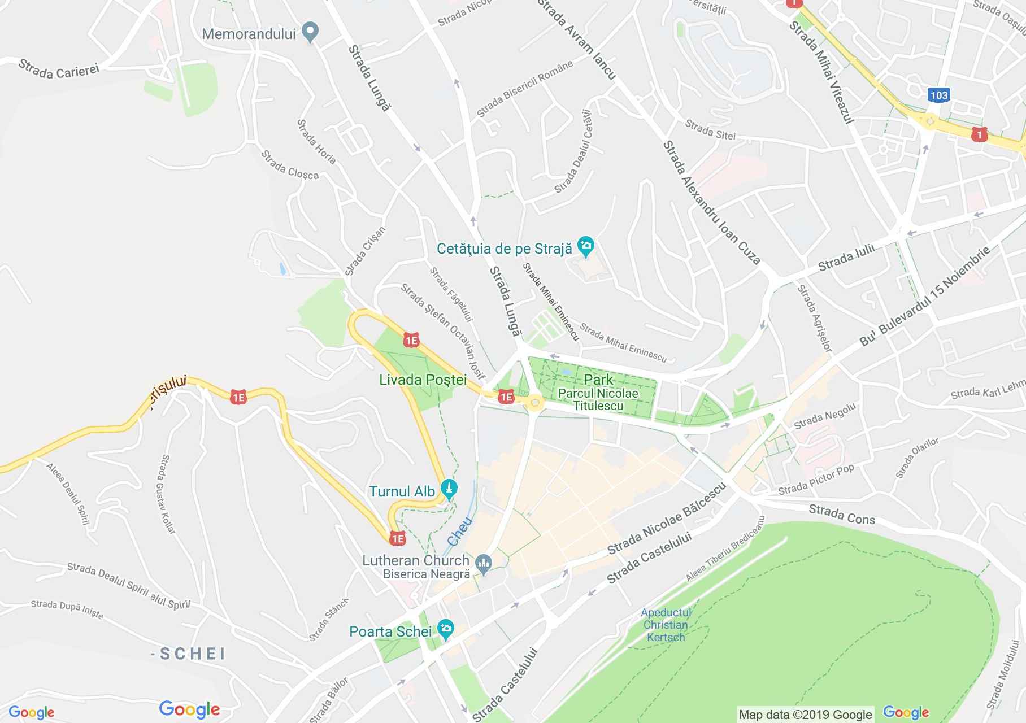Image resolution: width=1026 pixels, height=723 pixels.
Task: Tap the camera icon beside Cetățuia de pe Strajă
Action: click(x=586, y=247)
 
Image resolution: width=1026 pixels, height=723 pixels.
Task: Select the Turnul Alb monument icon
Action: click(x=449, y=490)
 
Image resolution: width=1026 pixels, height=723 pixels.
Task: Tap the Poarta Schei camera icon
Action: click(x=446, y=629)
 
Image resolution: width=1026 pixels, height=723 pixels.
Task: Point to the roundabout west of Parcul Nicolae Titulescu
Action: click(x=534, y=402)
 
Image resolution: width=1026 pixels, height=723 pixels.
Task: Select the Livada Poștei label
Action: click(x=423, y=380)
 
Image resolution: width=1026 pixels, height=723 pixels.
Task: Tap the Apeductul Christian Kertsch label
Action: click(x=666, y=625)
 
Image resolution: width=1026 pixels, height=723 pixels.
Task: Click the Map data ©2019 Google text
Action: click(x=805, y=715)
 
